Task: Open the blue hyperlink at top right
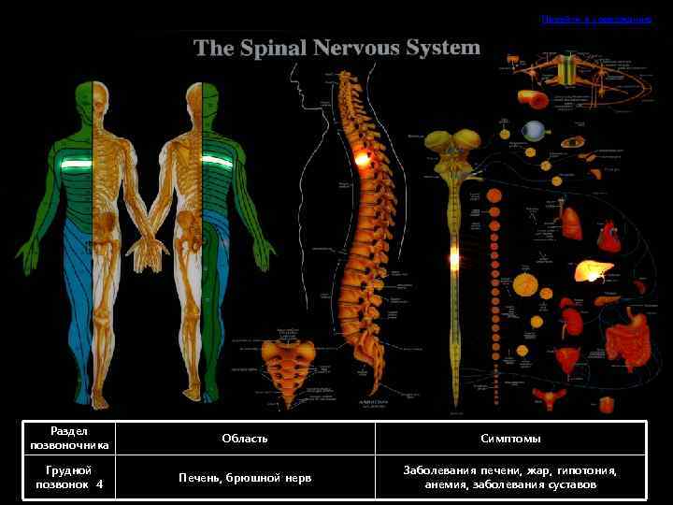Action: click(x=595, y=19)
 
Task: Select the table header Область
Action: click(x=245, y=438)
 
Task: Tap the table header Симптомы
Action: click(x=510, y=438)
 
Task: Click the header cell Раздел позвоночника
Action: click(x=69, y=438)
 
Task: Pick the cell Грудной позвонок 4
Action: click(x=69, y=477)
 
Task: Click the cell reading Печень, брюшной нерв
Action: click(x=245, y=478)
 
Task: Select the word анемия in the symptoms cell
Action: click(x=441, y=484)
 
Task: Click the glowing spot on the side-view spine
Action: click(x=362, y=160)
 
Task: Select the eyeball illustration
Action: click(x=534, y=130)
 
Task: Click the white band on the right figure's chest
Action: click(x=216, y=160)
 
